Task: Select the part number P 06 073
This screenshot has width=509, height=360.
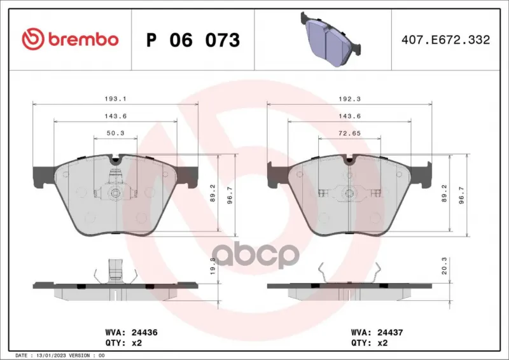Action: tap(193, 40)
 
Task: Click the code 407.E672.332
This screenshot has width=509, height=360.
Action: tap(446, 39)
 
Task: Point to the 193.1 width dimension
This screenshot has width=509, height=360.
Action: tap(116, 99)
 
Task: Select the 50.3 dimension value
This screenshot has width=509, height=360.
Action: tap(116, 133)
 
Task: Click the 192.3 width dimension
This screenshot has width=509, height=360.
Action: tap(349, 99)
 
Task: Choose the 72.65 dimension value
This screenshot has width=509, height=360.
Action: tap(349, 133)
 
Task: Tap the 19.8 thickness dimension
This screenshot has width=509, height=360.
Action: tap(213, 266)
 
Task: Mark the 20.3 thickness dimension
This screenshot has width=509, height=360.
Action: tap(444, 266)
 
